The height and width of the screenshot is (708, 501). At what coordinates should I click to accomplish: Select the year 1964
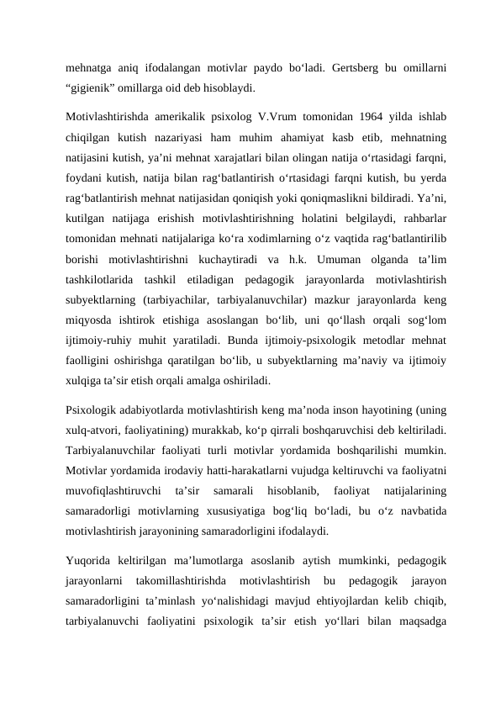point(350,116)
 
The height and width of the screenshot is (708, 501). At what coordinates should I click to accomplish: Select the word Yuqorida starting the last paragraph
point(92,561)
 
